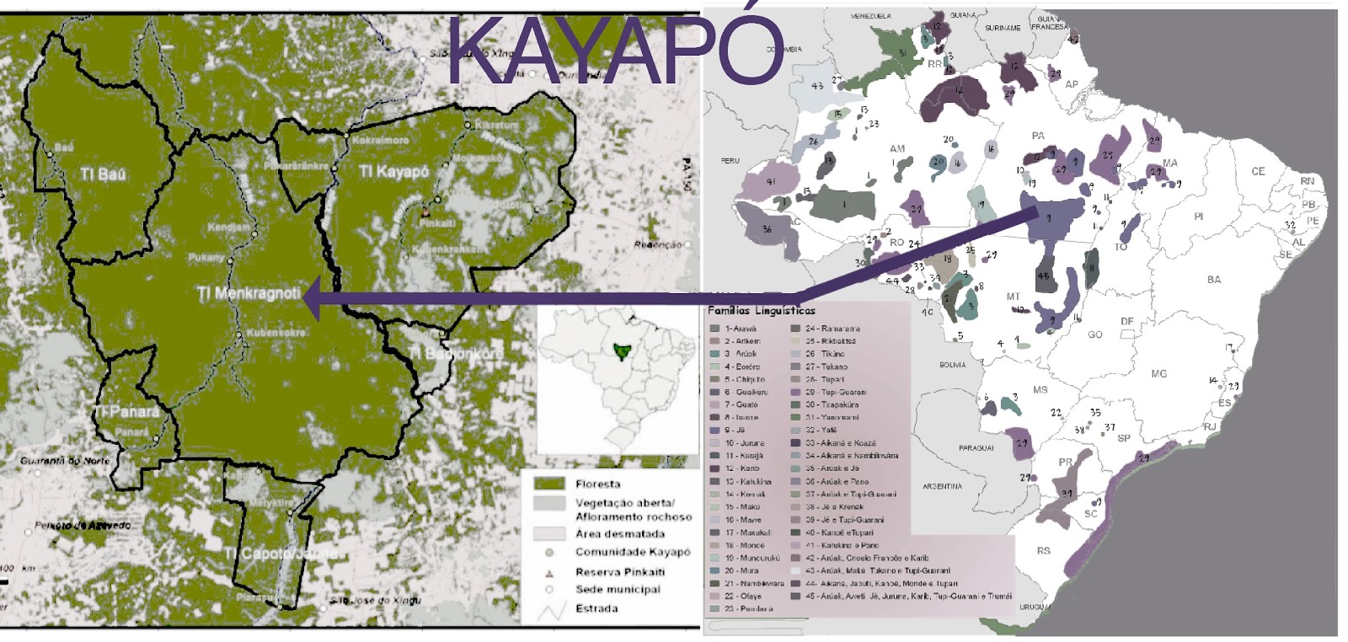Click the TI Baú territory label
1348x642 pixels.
pyautogui.click(x=104, y=174)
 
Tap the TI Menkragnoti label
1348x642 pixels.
pyautogui.click(x=249, y=293)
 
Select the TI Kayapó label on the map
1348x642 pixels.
pyautogui.click(x=394, y=172)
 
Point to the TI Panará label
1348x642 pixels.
pyautogui.click(x=126, y=412)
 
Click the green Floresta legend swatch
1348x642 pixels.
pyautogui.click(x=548, y=484)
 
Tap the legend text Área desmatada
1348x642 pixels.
pyautogui.click(x=620, y=534)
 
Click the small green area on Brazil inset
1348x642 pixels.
pyautogui.click(x=622, y=350)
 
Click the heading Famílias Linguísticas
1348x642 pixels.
pyautogui.click(x=761, y=311)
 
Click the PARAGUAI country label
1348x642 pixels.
pyautogui.click(x=976, y=448)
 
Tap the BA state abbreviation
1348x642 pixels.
pyautogui.click(x=1213, y=280)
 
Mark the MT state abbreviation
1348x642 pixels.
pyautogui.click(x=1013, y=297)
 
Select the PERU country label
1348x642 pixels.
pyautogui.click(x=730, y=160)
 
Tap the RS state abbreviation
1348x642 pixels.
pyautogui.click(x=1043, y=551)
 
